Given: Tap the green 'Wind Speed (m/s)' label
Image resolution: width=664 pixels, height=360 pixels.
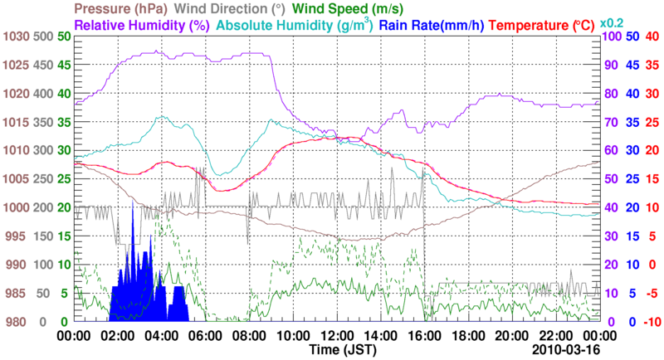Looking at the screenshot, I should click(347, 9).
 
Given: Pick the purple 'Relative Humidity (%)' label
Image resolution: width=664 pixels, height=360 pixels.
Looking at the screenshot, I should click(140, 26).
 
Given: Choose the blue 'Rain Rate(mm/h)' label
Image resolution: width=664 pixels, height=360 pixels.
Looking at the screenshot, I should click(434, 26).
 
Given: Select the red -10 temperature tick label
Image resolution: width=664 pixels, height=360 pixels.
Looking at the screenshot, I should click(652, 322).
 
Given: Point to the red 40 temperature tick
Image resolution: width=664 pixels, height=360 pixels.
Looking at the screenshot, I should click(652, 36).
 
